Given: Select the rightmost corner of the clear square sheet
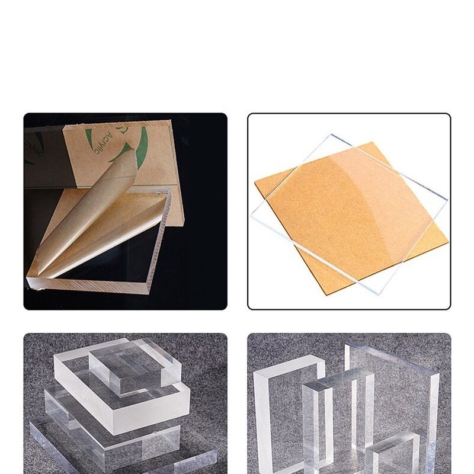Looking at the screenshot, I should [x=447, y=199].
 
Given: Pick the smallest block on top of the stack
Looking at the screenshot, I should [x=133, y=364].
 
